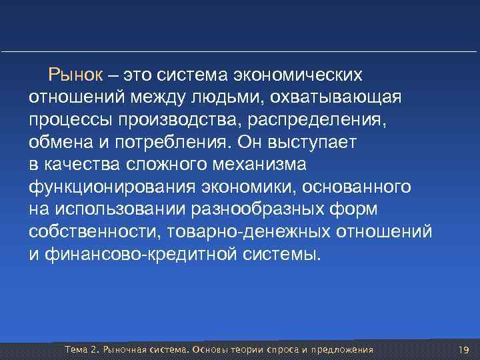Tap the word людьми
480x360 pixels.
point(222,98)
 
